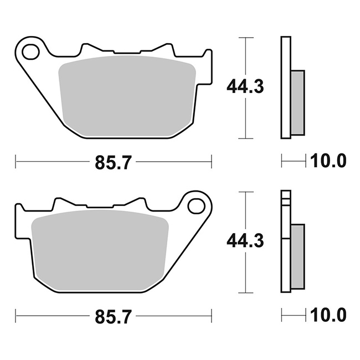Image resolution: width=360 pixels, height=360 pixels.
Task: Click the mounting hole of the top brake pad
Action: point(30,52)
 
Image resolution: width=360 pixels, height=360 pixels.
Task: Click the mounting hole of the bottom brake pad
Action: point(196,206)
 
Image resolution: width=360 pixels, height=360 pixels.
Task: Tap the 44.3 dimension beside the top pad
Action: point(245,86)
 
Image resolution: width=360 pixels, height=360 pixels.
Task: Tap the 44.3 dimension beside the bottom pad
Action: point(245,240)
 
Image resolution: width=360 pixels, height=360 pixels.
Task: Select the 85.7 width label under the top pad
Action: point(114,162)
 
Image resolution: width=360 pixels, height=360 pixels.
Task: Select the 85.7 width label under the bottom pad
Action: point(114,317)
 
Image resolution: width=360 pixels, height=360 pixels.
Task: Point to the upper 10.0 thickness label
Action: point(328,161)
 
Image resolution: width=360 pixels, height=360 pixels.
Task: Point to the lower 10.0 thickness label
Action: point(328,315)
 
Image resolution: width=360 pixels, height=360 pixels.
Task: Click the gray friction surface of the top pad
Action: point(127,96)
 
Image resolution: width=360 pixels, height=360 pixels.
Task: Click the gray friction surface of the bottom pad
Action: point(100,250)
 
